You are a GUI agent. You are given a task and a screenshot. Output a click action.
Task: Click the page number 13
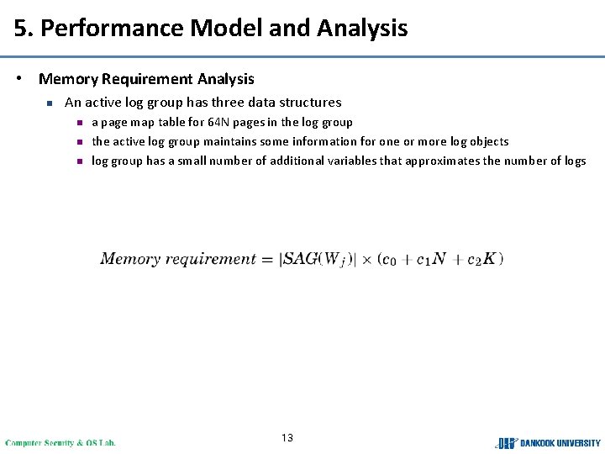click(x=287, y=438)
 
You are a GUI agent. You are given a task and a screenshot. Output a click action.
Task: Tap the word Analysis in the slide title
click(x=362, y=29)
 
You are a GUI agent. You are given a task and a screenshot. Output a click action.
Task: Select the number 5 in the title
click(x=20, y=29)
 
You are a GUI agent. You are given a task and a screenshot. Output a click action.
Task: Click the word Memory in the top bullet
click(x=68, y=79)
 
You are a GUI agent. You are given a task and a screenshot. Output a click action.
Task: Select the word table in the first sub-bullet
click(x=176, y=122)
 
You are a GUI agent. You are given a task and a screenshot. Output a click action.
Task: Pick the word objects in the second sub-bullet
click(x=487, y=141)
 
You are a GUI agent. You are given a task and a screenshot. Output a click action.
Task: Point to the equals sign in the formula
click(x=267, y=259)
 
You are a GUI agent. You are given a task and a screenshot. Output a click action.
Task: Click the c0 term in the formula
click(x=388, y=260)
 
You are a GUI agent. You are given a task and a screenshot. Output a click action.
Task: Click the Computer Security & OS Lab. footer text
click(x=60, y=442)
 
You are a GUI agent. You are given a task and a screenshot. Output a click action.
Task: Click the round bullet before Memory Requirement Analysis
click(x=18, y=79)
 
